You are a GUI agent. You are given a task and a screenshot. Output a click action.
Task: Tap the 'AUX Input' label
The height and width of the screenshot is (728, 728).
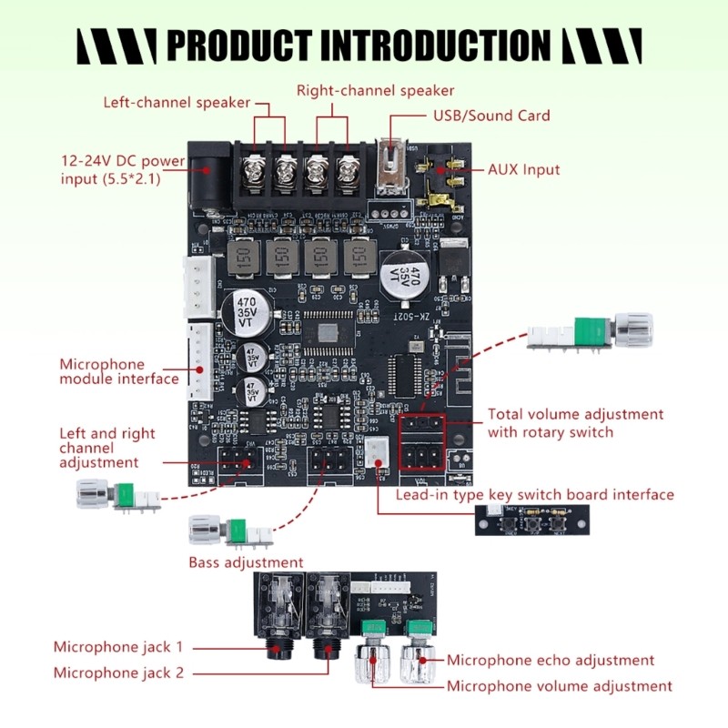click(x=523, y=169)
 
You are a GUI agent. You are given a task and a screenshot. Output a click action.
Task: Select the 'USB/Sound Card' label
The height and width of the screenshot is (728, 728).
click(x=490, y=116)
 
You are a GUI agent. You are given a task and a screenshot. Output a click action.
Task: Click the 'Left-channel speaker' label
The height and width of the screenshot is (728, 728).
click(x=177, y=102)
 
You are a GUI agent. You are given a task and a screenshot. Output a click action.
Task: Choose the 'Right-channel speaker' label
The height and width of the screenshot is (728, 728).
click(x=375, y=90)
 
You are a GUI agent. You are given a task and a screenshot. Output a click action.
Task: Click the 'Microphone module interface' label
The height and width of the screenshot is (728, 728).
click(x=119, y=371)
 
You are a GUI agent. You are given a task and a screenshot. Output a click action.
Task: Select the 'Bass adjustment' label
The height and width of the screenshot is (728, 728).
click(x=246, y=562)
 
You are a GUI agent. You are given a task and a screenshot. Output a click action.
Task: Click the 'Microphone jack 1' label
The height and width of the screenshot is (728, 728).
click(x=118, y=647)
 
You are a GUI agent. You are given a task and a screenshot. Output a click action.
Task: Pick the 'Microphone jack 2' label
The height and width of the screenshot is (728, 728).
click(x=118, y=672)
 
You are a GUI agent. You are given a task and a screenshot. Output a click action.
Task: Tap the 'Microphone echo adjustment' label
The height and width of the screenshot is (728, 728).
click(x=551, y=660)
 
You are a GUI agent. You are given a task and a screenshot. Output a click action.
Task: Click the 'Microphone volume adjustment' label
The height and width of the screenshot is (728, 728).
click(x=560, y=685)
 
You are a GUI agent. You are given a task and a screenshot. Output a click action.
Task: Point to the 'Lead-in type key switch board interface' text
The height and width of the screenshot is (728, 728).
click(x=534, y=495)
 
